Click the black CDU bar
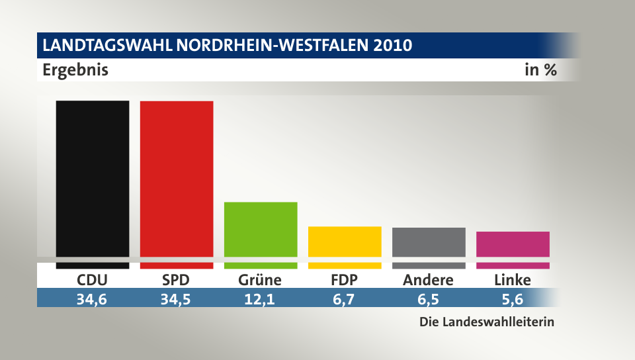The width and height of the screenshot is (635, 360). (93, 179)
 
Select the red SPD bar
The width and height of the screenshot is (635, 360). (177, 179)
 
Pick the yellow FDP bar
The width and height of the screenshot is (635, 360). (345, 242)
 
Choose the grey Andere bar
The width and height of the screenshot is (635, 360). (429, 242)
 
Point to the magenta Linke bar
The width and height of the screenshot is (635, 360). (513, 244)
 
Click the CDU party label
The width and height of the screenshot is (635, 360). (92, 280)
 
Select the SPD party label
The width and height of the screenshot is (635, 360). (176, 280)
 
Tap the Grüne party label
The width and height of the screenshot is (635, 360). (260, 280)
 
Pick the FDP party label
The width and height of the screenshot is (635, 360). (345, 280)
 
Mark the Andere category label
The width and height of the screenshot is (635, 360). (428, 280)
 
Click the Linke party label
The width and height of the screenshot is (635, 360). (512, 280)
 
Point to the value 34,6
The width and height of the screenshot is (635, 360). (92, 299)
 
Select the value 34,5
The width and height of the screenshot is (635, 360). (176, 299)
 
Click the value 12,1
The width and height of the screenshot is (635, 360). (260, 299)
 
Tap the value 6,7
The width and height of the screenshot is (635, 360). (345, 299)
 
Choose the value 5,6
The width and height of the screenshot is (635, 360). (512, 299)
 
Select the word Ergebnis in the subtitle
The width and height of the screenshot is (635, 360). (75, 69)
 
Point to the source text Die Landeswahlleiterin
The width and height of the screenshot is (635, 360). (486, 323)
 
